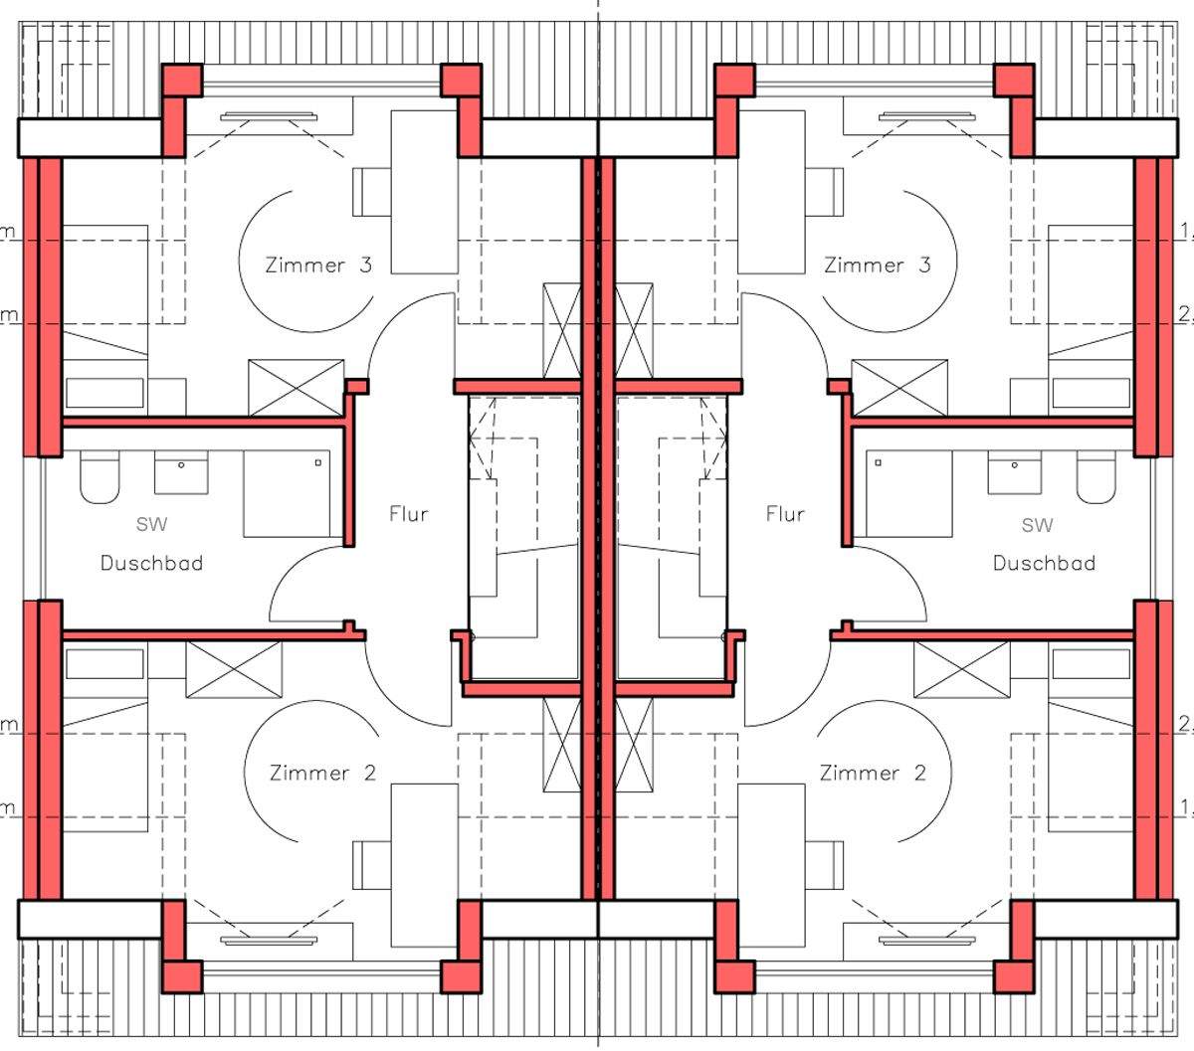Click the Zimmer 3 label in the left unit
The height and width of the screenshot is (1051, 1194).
[318, 265]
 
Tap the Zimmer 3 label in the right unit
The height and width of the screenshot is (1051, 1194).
[878, 265]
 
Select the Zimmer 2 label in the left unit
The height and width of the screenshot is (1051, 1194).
[322, 773]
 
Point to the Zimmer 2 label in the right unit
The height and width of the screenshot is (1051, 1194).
[873, 773]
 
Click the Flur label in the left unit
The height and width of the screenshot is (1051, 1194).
[408, 514]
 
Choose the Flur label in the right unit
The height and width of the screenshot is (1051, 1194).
[785, 514]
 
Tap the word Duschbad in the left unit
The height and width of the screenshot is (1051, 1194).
[151, 563]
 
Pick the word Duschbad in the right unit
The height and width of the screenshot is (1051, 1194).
[1044, 563]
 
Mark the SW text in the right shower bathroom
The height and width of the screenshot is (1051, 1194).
[1037, 524]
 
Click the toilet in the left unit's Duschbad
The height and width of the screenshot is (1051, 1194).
[99, 477]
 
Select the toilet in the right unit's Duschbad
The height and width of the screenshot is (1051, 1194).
[1095, 477]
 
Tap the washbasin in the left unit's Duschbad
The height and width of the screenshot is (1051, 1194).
[181, 472]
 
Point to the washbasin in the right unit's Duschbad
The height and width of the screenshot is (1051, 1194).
[1014, 472]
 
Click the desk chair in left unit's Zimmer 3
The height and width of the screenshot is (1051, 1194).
[372, 191]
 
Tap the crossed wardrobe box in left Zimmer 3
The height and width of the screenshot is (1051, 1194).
[296, 387]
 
